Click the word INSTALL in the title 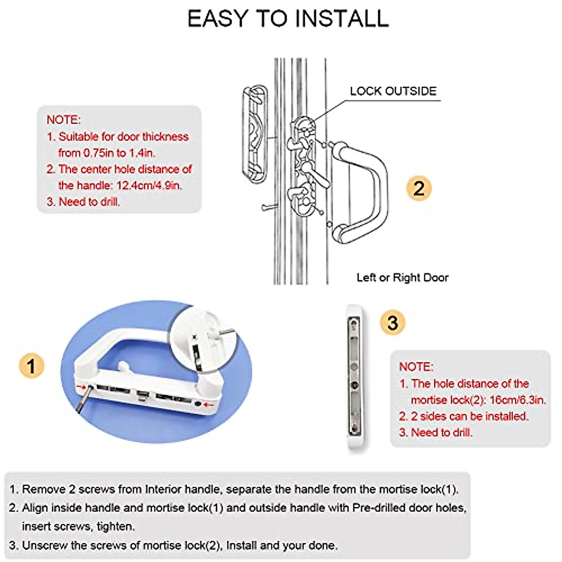[341, 19]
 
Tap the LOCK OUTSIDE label [393, 91]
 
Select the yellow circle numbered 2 [418, 189]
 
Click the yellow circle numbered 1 [31, 366]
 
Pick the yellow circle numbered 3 [392, 323]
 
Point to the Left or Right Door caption [402, 277]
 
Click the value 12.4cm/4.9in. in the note [149, 185]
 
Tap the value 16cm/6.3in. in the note [518, 400]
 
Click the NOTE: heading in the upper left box [64, 119]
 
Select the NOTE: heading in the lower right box [416, 367]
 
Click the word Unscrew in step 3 [44, 545]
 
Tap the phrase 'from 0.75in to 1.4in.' [107, 153]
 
